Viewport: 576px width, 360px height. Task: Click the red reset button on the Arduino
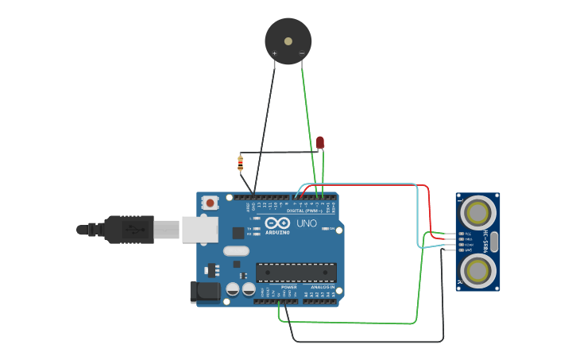tap(210, 203)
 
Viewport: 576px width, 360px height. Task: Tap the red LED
tap(320, 142)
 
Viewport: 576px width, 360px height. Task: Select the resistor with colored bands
tap(241, 164)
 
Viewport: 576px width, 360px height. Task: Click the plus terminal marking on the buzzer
tap(275, 54)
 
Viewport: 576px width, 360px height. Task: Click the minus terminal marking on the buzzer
tap(301, 54)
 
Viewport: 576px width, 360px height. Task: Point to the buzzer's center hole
tap(288, 37)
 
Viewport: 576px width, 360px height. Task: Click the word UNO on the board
tap(307, 224)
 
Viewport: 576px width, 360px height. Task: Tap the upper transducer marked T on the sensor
tap(477, 212)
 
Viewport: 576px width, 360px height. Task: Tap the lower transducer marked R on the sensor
tap(477, 270)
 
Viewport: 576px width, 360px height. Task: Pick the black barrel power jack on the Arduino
tap(204, 292)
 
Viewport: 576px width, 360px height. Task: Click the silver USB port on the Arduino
tap(199, 230)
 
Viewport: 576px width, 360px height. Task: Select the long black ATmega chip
tap(296, 273)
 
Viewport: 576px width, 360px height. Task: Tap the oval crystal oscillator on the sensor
tap(493, 242)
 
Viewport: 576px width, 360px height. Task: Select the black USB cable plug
tap(127, 230)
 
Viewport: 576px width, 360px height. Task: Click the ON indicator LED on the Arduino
tap(327, 228)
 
